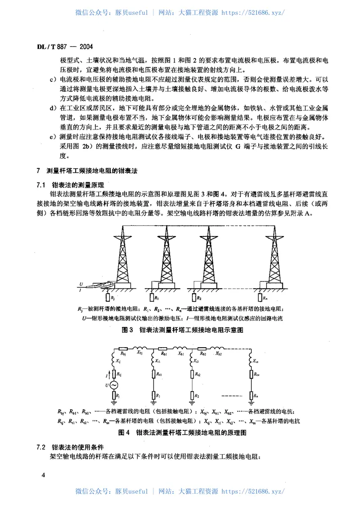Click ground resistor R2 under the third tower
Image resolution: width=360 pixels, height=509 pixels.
194,297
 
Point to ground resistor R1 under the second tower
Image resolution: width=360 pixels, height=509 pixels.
150,297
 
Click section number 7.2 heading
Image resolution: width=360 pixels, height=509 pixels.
41,447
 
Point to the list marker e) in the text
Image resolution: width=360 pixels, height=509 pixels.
52,136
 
